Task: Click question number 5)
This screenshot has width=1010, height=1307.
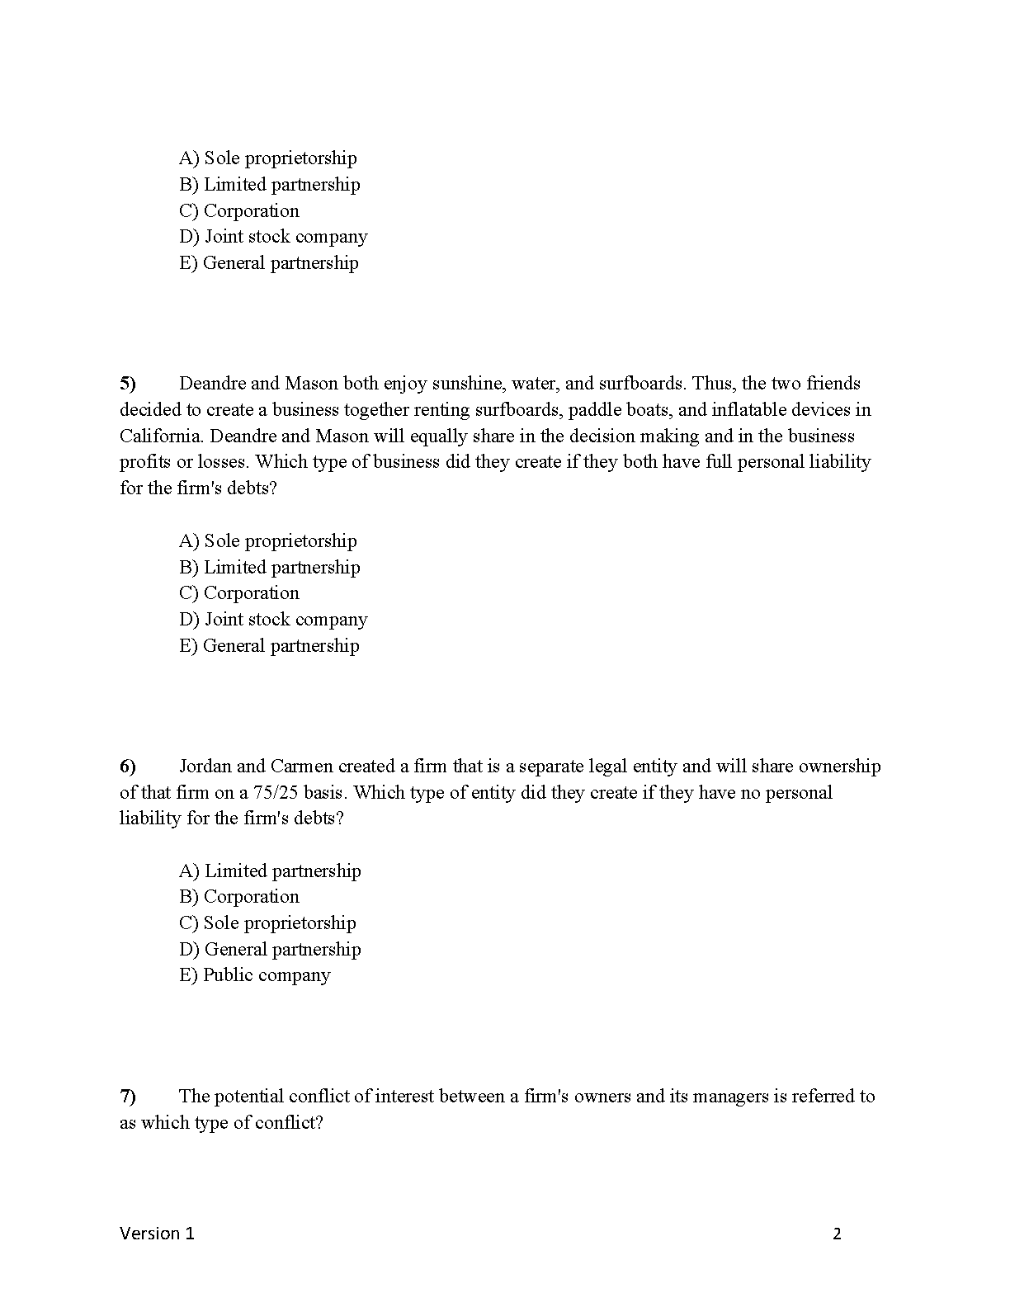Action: [x=128, y=384]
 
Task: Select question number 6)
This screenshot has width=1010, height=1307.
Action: [x=128, y=767]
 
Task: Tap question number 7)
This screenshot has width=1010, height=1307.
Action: [x=128, y=1097]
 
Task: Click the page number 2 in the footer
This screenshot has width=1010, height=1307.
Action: [x=837, y=1234]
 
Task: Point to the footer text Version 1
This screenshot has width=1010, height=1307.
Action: [x=157, y=1234]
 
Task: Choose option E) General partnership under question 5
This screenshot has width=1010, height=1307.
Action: [x=269, y=645]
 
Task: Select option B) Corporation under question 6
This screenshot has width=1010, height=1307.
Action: [x=239, y=897]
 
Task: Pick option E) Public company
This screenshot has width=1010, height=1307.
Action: [x=255, y=975]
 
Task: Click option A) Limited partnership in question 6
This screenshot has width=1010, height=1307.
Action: [x=270, y=871]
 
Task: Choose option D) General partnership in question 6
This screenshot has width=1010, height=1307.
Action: [x=270, y=950]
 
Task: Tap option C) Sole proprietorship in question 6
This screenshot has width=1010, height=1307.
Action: [x=267, y=923]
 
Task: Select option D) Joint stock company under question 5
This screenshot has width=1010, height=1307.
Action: [x=273, y=620]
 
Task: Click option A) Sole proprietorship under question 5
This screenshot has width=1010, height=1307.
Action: [x=268, y=541]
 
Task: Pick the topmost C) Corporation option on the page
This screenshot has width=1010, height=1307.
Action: [x=239, y=211]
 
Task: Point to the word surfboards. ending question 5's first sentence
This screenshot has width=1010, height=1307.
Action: [x=642, y=384]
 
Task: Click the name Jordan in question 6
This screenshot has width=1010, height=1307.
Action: [x=205, y=767]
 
